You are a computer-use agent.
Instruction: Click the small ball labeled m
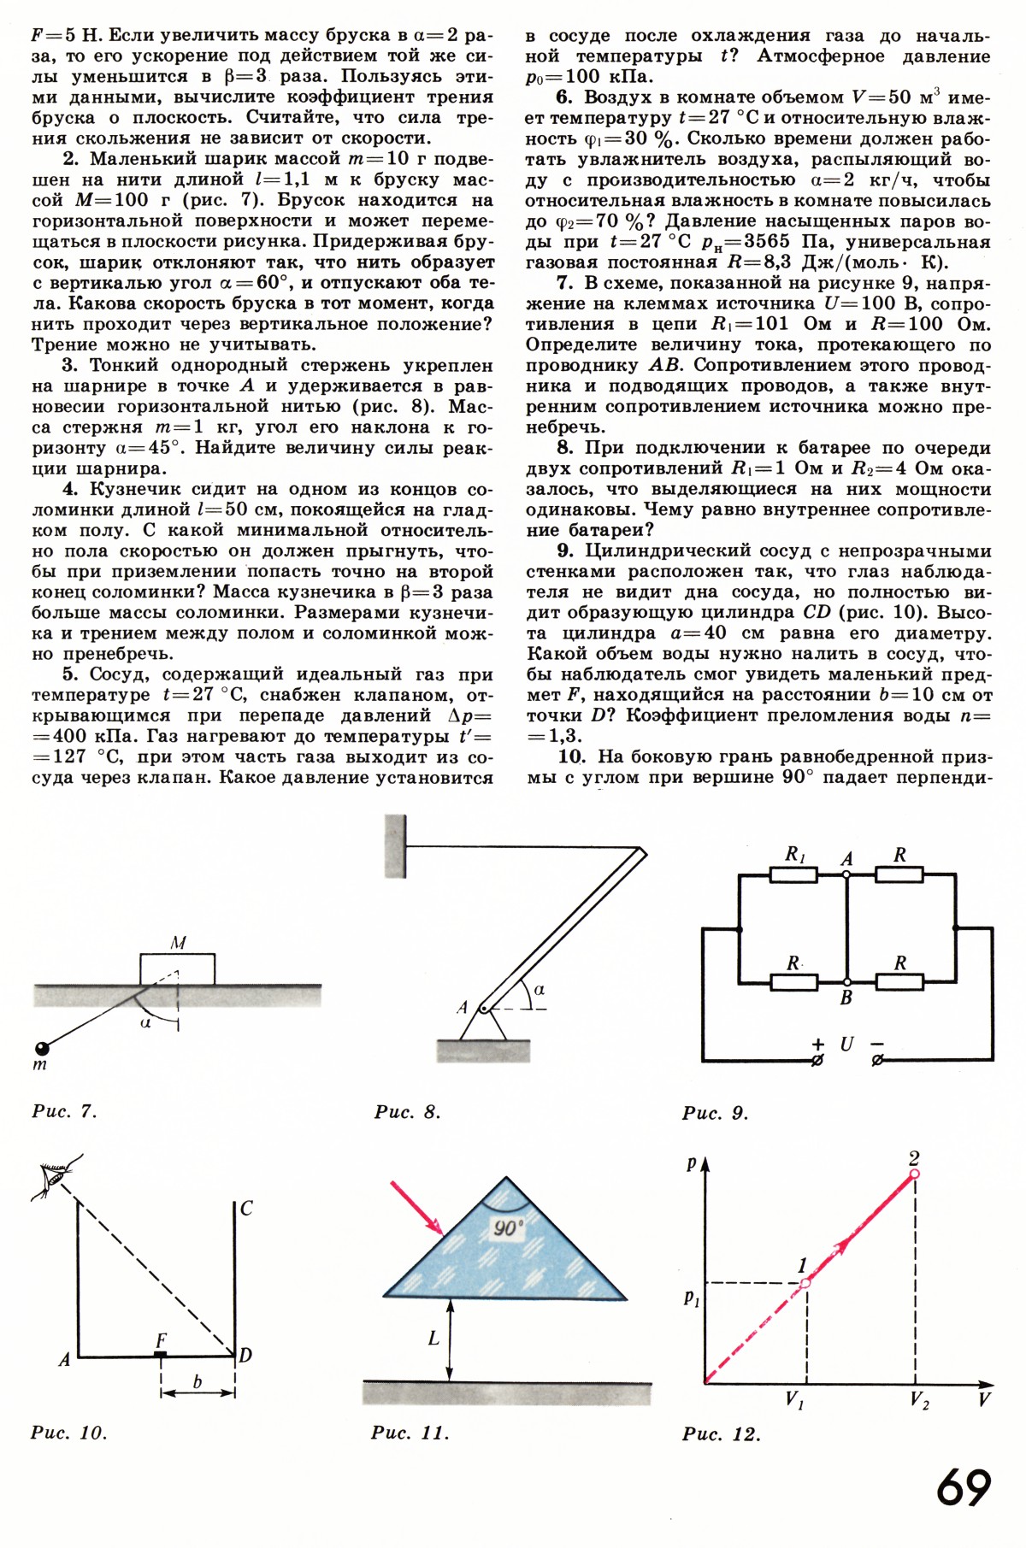[40, 1048]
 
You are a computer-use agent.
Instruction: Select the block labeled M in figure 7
[177, 969]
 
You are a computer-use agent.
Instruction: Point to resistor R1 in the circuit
[794, 874]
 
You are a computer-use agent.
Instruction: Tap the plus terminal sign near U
[818, 1043]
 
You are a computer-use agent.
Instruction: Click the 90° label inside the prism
[507, 1229]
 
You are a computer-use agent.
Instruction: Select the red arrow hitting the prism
[416, 1209]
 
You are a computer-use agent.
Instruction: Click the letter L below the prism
[433, 1338]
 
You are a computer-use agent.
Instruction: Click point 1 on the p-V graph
[805, 1283]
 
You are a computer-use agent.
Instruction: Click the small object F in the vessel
[160, 1354]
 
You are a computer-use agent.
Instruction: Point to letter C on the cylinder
[246, 1208]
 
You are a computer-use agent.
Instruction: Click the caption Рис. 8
[407, 1112]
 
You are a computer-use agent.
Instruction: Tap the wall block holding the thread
[395, 845]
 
